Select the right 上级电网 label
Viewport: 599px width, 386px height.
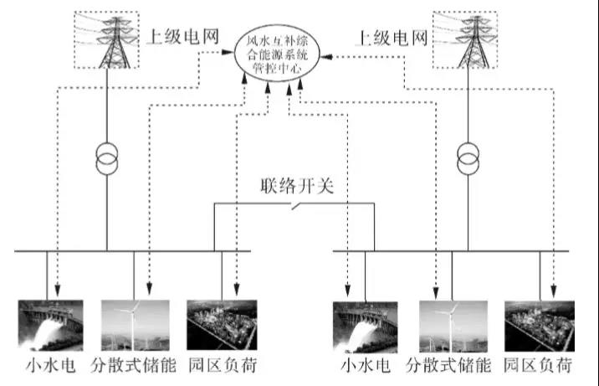tap(392, 38)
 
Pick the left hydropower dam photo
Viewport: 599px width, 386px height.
tap(51, 326)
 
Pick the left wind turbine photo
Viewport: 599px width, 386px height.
tap(134, 326)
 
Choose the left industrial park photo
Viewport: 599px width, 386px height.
tap(218, 326)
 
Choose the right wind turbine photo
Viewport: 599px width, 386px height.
tap(453, 326)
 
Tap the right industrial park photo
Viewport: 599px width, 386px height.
tap(538, 326)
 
